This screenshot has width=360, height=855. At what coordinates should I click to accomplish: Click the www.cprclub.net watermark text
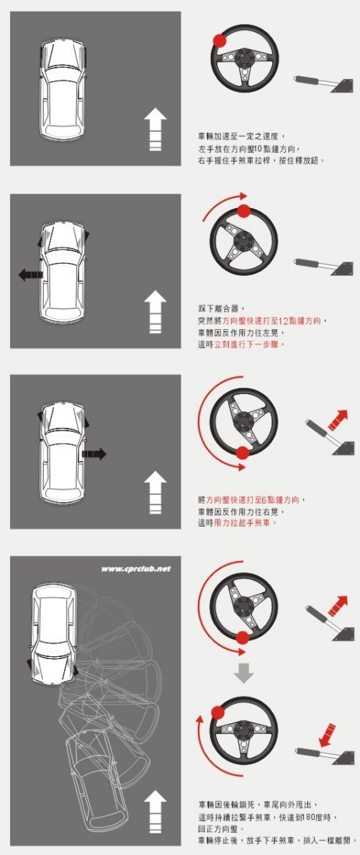136,569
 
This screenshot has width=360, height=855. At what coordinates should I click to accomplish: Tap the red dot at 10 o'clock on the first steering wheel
220,40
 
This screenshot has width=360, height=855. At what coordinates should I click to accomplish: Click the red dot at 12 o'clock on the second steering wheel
244,210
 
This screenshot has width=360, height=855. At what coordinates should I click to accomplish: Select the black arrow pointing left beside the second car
30,275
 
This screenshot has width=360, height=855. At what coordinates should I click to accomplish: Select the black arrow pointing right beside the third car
94,454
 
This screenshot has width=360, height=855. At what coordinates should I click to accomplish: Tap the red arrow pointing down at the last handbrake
328,735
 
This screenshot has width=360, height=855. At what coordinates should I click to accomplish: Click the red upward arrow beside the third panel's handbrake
338,421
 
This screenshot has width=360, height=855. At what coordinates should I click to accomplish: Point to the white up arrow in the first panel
156,129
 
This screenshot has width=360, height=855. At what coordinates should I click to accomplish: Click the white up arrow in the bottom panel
156,813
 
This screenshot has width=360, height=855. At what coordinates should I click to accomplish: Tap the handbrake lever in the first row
323,84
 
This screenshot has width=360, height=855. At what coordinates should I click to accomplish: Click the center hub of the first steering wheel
244,59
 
